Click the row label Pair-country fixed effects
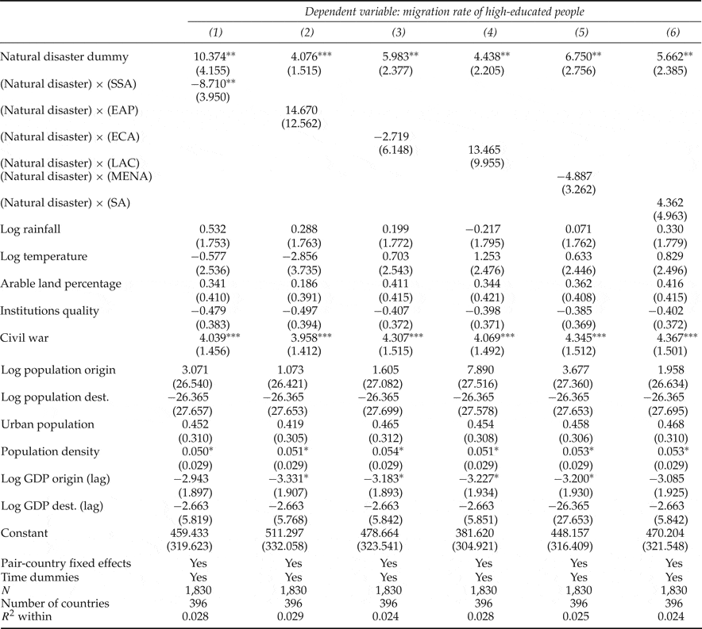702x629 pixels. point(66,563)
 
